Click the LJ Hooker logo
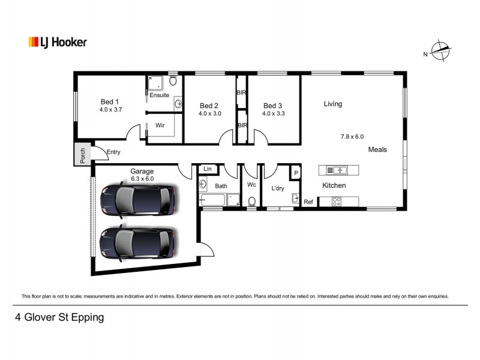coord(58,42)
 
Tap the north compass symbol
coord(442,52)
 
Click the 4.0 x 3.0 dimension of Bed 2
coord(210,113)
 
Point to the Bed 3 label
coord(274,106)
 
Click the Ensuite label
coord(159,95)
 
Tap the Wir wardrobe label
coord(160,125)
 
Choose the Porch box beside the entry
coord(82,155)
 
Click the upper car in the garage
coord(139,200)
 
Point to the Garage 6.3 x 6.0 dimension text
coord(142,178)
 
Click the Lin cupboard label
coord(208,170)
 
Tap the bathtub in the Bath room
coord(214,200)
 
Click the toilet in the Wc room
coord(252,201)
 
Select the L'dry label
coord(278,188)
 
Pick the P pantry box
coord(295,173)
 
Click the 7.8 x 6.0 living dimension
coord(352,137)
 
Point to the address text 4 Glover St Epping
coord(59,317)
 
